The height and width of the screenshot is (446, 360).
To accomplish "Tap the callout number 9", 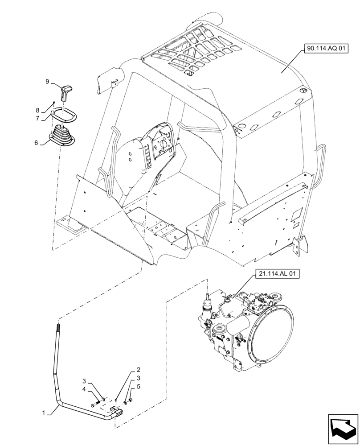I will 47,82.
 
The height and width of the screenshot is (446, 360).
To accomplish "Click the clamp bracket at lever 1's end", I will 116,411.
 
